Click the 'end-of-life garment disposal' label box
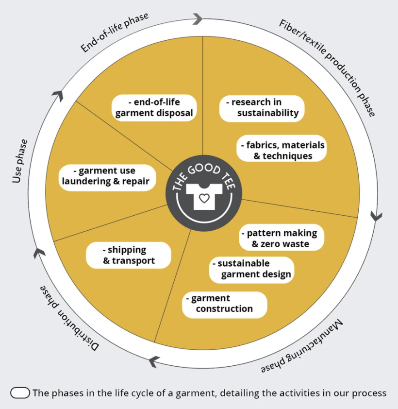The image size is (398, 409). coord(154,108)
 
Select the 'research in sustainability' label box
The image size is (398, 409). coord(262,108)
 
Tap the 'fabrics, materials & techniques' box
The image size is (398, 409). coord(281,151)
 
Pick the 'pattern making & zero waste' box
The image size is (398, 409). coord(281,238)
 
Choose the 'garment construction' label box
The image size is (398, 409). coord(224,304)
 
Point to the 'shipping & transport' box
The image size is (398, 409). coord(129,255)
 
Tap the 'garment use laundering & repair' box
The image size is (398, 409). coord(107,176)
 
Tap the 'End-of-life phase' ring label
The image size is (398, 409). coord(115,33)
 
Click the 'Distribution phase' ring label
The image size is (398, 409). coord(69,318)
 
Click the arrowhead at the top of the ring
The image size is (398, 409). coord(198,19)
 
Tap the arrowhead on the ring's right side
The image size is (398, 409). coord(376,216)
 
